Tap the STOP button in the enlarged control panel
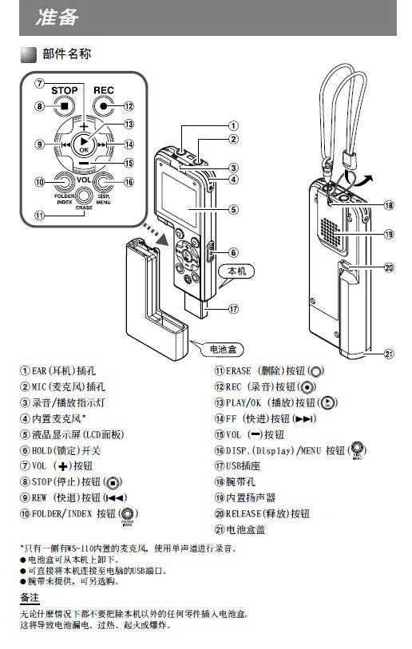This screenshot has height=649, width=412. point(65,105)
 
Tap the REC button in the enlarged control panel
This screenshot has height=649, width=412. point(104,105)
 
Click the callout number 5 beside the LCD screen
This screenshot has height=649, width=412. point(233,210)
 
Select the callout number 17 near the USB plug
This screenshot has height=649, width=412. point(233,308)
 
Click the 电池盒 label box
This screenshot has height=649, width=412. point(226,349)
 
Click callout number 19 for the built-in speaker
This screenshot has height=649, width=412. point(389,234)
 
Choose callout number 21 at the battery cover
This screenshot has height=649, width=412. point(389,354)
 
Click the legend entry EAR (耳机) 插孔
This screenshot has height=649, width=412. point(64,371)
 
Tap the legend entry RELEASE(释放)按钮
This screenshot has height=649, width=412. point(267,513)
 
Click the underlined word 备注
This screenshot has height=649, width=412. point(30,597)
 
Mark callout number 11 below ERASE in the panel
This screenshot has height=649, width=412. point(39,216)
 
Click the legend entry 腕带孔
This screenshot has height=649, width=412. point(244,481)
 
